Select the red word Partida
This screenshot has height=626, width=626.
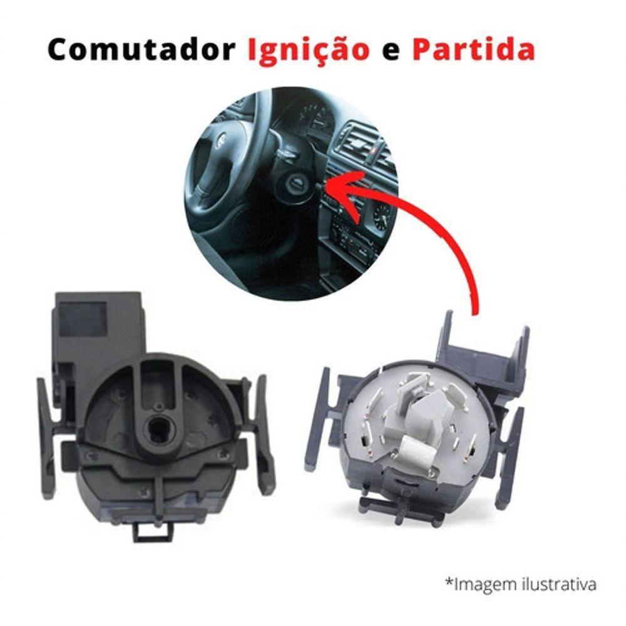(x=473, y=49)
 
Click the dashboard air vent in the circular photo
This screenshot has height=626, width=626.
(x=355, y=143)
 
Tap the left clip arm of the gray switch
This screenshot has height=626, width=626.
(x=319, y=419)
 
